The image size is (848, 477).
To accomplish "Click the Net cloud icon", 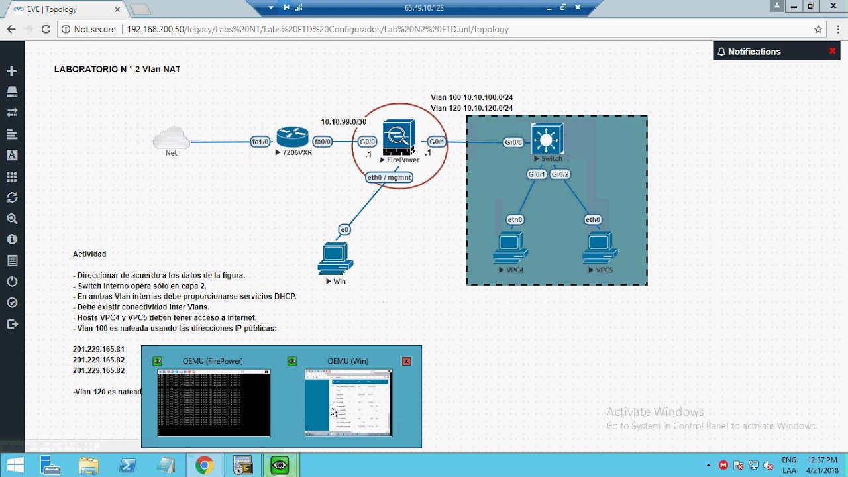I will (x=172, y=139).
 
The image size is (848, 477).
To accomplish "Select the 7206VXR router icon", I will (x=293, y=138).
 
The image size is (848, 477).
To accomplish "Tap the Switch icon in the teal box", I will (x=547, y=139).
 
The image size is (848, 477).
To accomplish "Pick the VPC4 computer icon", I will (x=510, y=248).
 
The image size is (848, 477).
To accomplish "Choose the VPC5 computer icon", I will (x=600, y=248).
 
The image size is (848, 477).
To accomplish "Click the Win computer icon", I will (x=335, y=258).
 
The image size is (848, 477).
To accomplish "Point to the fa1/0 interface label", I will (x=260, y=142).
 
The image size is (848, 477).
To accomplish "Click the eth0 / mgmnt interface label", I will (x=390, y=177).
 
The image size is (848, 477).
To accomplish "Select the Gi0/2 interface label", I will (x=560, y=174).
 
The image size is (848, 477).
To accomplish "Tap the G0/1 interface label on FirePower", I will (x=436, y=142).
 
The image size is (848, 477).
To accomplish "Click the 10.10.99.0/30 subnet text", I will (x=343, y=122).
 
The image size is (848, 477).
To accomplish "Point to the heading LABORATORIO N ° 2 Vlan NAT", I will (x=117, y=69).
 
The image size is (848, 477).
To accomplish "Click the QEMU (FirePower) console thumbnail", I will (x=213, y=403).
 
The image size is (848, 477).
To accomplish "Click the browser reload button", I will (x=46, y=29).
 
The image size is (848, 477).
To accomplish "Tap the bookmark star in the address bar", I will (x=818, y=29).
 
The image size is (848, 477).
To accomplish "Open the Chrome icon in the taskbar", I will (x=204, y=466).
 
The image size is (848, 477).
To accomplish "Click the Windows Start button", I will (x=15, y=466).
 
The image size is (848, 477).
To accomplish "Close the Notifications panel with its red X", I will (x=833, y=51).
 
